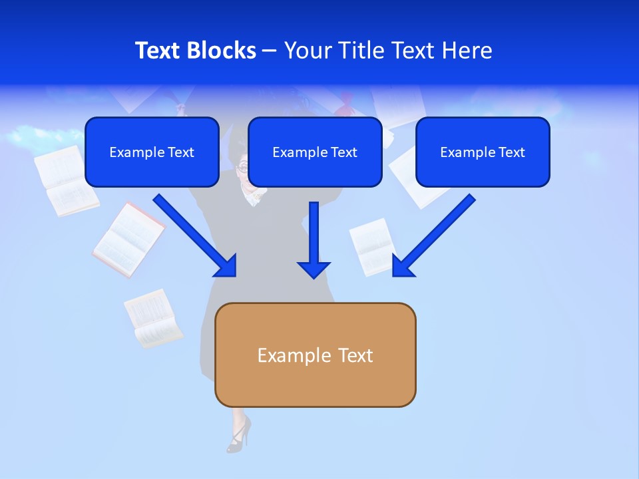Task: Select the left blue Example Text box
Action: [x=152, y=152]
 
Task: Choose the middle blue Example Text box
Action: [x=315, y=152]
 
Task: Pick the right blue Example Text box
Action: [x=483, y=152]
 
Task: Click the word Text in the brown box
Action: [x=355, y=355]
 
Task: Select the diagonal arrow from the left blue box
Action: [x=196, y=236]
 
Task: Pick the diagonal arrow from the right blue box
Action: [x=433, y=236]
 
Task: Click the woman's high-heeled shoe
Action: [x=239, y=435]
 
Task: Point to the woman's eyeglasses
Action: [x=244, y=167]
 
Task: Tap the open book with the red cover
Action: [x=129, y=240]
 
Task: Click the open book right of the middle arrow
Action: [x=373, y=247]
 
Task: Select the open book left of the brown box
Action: [x=154, y=318]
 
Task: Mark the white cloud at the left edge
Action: [x=33, y=137]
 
